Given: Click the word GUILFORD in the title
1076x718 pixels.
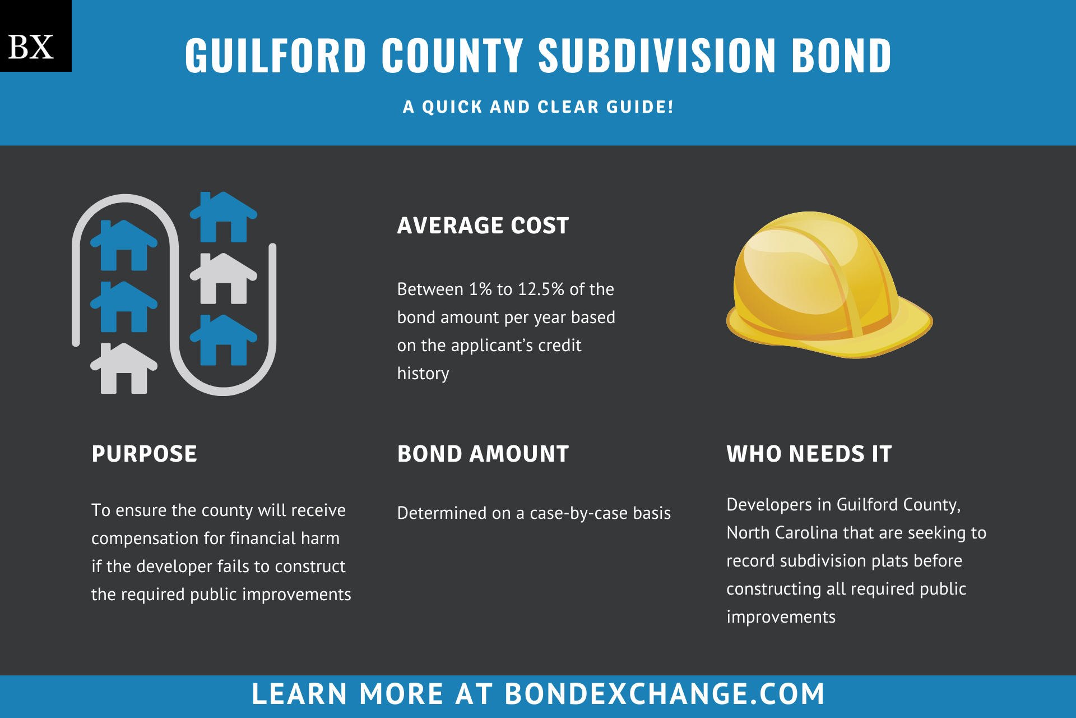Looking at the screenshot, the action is coord(276,56).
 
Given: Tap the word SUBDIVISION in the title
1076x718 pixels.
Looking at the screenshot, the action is coord(657,56).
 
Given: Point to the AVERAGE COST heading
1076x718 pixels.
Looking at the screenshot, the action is coord(483,225).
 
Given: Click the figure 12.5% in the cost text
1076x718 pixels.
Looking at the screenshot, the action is coord(541,289).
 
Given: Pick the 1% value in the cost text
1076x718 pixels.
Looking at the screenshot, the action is coord(480,289).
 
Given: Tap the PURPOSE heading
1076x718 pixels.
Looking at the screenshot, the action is coord(144,454).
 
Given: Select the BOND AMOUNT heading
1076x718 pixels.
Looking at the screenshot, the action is coord(483,454).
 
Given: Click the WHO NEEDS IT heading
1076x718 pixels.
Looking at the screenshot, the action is coord(809,454).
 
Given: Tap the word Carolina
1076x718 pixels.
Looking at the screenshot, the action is coord(806,532).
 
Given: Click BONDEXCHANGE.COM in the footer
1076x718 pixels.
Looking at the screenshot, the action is coord(665,694).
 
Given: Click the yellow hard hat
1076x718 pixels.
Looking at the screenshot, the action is coord(829,285).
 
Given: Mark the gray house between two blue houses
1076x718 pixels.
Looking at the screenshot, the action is coord(224,278).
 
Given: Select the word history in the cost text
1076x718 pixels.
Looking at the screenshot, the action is coord(423,374).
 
